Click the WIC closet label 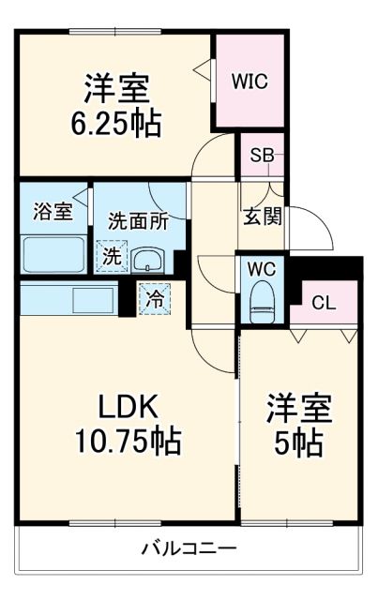coord(250,82)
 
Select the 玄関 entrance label coord(262,216)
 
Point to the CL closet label coord(325,303)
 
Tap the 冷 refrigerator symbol coord(154,300)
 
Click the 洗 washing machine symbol coord(112,254)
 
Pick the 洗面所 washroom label coord(137,223)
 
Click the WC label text coord(261,269)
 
